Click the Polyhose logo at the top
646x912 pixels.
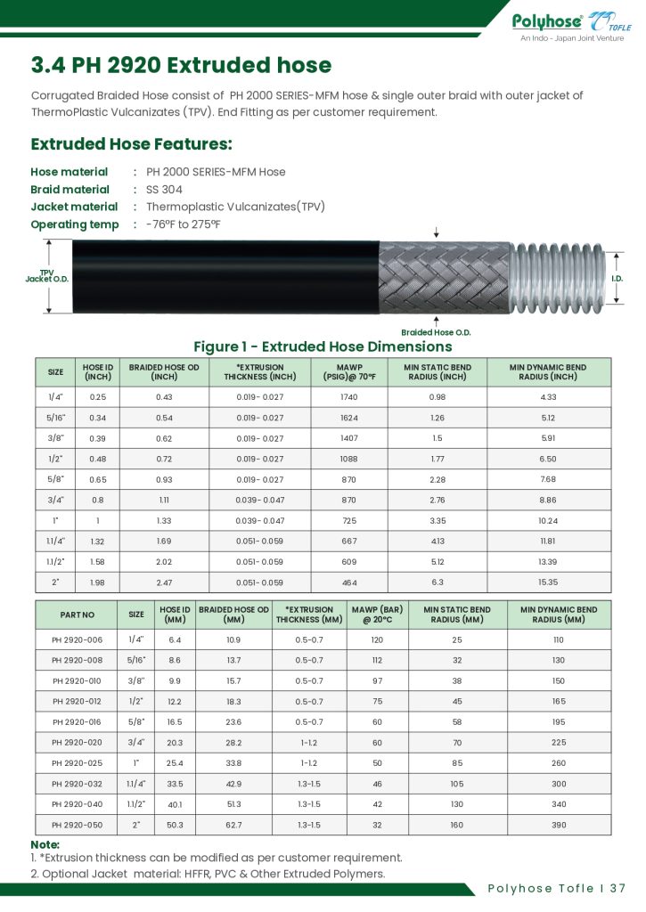[x=570, y=22]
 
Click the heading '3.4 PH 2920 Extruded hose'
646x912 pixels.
[x=181, y=65]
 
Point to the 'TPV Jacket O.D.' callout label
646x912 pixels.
[x=46, y=275]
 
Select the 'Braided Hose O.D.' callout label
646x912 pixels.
[x=436, y=332]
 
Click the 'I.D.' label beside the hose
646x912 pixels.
[x=617, y=279]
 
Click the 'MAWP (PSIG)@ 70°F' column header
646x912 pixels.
[x=349, y=372]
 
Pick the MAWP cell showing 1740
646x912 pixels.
[x=349, y=397]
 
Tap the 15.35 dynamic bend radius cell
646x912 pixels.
[x=548, y=582]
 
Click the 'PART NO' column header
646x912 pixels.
[x=77, y=615]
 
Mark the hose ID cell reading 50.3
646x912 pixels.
[x=175, y=825]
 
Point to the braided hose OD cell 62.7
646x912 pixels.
[x=233, y=825]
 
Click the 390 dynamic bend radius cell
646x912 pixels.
[x=559, y=825]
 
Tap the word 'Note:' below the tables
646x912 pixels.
[x=45, y=844]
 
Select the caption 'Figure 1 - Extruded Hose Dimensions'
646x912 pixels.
[x=323, y=346]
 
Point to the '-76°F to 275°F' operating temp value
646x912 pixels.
[x=183, y=224]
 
